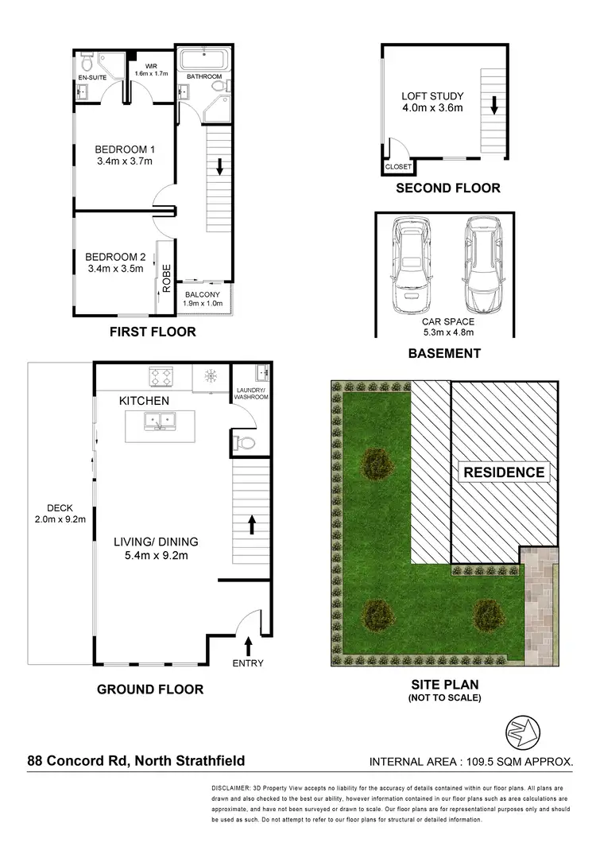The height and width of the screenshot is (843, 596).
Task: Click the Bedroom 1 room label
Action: click(123, 149)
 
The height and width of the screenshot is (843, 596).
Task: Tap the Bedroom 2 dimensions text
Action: click(115, 269)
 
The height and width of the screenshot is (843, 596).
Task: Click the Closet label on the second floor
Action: click(397, 167)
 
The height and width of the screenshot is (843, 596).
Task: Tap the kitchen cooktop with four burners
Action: click(161, 376)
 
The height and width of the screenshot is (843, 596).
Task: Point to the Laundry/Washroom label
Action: click(252, 394)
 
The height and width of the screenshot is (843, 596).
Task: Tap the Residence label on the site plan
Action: click(504, 472)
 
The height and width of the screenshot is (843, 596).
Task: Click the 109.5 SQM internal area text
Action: click(472, 762)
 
